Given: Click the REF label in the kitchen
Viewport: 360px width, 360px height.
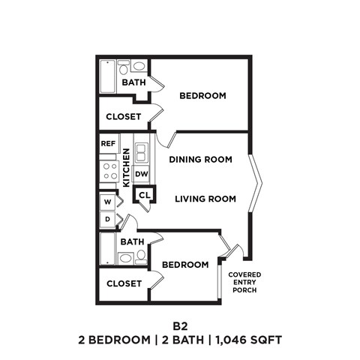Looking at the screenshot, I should coord(108,142).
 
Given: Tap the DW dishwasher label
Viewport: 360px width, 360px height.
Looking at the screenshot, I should coord(142,174).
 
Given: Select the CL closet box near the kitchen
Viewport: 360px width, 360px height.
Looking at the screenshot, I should coord(144,195).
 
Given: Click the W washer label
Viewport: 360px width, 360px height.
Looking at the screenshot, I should coord(107,202).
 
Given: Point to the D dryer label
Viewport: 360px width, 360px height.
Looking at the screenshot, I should coord(107,219).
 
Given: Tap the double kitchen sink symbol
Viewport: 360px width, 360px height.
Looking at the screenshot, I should coord(142,152).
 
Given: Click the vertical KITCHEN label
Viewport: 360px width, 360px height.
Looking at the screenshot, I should coord(127,166).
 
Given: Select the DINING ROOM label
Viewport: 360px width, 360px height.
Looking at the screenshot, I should coord(199,160).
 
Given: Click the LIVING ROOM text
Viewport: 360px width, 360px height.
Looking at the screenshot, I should coord(205,199).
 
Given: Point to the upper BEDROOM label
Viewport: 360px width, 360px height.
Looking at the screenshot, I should coord(202,95).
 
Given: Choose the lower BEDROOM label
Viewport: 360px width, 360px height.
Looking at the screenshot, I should coord(185,265).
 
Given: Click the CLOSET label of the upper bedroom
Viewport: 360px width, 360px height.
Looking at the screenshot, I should coord(124,116).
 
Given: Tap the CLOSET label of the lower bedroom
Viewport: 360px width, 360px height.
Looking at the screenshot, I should coord(124,283).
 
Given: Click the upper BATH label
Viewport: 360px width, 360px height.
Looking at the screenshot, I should coord(133,82).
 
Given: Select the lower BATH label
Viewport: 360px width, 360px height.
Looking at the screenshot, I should coord(132,241).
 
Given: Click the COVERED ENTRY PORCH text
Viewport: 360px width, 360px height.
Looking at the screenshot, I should coord(244,283).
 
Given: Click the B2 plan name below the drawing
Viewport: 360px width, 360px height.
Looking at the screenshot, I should coord(180,326).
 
